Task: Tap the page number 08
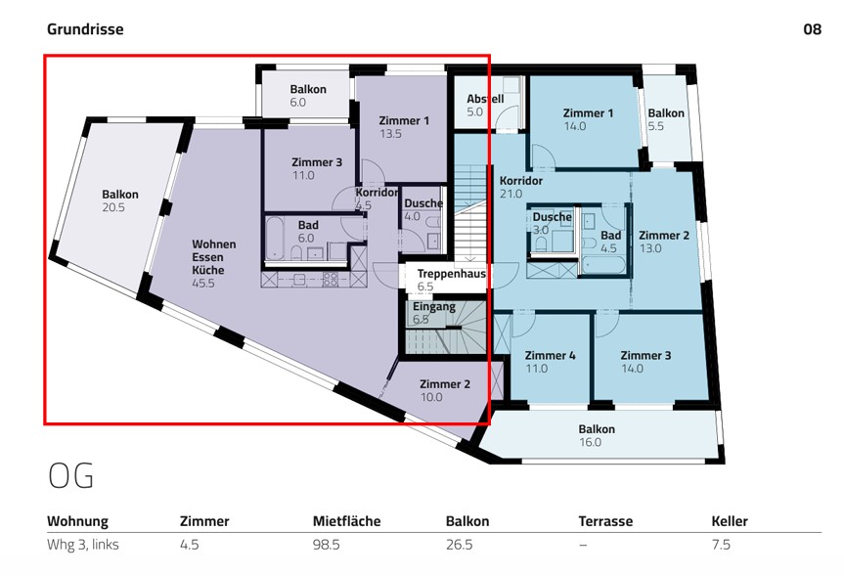point(812,29)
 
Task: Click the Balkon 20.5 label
point(120,200)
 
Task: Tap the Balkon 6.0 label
point(307,95)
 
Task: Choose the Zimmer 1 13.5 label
point(404,127)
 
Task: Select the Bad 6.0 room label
point(307,232)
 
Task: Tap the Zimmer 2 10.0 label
point(445,390)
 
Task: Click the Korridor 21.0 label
point(520,187)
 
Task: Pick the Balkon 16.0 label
point(597,435)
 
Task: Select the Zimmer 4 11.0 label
point(550,362)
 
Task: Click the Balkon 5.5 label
point(666,119)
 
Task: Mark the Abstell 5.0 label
point(484,106)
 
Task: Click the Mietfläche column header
point(346,521)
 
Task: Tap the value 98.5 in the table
point(326,545)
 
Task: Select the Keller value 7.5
point(721,545)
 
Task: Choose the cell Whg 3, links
point(83,545)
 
